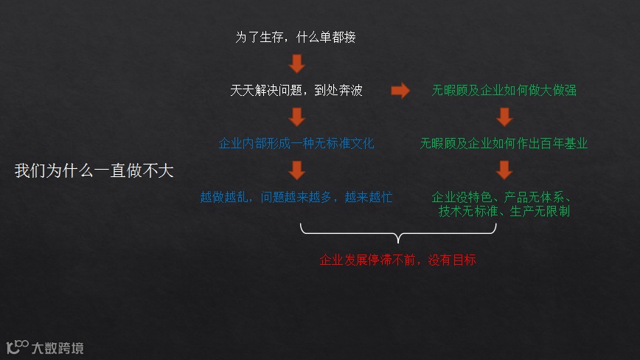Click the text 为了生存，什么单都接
(x=296, y=37)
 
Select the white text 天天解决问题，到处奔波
(x=296, y=91)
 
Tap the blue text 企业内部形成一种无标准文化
(x=296, y=143)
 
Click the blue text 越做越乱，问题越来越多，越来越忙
(x=296, y=197)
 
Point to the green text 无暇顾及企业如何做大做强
(x=504, y=91)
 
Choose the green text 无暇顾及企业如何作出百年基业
(x=504, y=143)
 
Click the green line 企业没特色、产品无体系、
(x=503, y=197)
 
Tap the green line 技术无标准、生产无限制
(x=504, y=211)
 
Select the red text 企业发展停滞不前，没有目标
(x=398, y=260)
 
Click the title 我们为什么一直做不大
(x=94, y=171)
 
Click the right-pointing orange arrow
(x=400, y=91)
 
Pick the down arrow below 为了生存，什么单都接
(x=296, y=63)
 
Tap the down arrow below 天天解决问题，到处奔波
(x=296, y=117)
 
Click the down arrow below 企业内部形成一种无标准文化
(x=296, y=170)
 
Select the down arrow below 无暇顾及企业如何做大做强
(x=504, y=117)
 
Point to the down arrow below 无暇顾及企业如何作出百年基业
(x=504, y=170)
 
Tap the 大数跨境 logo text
(x=58, y=347)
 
